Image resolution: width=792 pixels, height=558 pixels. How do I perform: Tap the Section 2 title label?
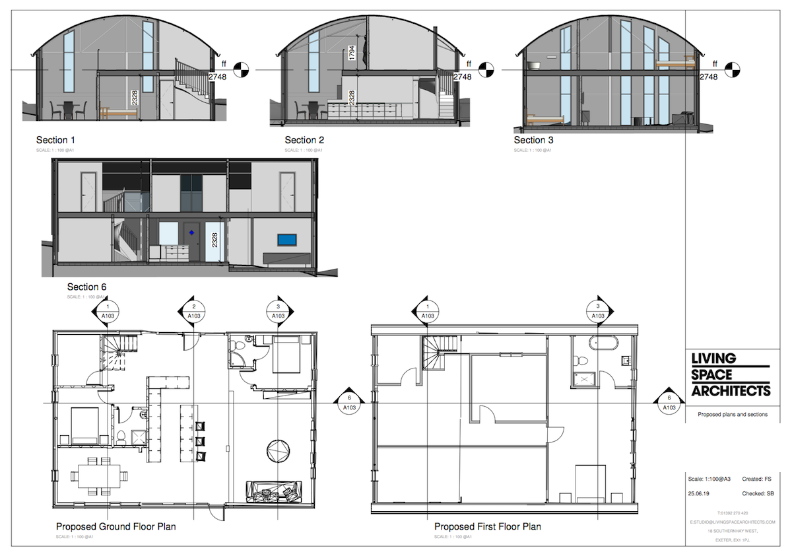[304, 140]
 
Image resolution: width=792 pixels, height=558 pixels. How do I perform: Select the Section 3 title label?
[534, 140]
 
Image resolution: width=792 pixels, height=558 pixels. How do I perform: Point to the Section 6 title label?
[86, 287]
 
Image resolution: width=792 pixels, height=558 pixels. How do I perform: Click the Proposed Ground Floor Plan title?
[115, 527]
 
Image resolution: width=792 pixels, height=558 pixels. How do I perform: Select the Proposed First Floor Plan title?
[488, 527]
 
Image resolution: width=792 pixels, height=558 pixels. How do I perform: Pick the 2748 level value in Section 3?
[708, 77]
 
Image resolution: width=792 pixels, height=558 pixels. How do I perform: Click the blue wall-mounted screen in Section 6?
[287, 240]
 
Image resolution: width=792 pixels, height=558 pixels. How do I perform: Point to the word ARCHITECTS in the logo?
[731, 390]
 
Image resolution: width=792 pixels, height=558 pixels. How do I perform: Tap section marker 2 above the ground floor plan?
[193, 312]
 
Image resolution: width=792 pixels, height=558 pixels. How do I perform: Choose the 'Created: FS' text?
[758, 479]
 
